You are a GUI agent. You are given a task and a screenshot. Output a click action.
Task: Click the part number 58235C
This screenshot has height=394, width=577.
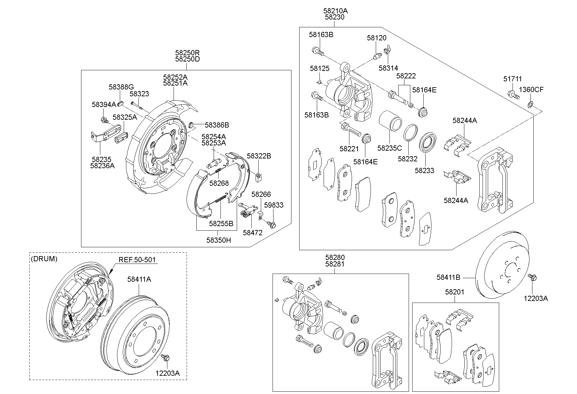pos(389,148)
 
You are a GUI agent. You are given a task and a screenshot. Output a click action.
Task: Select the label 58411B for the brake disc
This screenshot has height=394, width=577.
pos(448,278)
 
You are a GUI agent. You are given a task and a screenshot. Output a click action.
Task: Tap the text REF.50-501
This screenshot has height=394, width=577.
pos(137,260)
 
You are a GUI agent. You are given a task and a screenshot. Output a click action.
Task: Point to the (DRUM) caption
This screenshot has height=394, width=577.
pos(44,259)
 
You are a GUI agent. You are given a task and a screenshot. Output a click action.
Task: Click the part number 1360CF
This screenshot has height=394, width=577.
pos(531,89)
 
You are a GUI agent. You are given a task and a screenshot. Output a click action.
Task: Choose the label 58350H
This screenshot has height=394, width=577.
pos(218,240)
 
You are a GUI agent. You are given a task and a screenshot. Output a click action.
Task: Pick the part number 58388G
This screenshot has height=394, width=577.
pos(121,87)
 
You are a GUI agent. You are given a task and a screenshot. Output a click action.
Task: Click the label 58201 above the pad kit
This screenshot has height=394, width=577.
pos(455,292)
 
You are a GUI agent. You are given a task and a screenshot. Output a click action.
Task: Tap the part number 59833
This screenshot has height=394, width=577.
pos(274,205)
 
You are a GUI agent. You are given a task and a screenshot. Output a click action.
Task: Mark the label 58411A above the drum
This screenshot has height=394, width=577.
pos(139,279)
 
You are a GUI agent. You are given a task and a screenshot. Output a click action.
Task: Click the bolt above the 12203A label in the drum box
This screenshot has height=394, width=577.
pos(165,358)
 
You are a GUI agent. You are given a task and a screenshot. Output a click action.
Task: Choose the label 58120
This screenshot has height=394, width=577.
pos(376,38)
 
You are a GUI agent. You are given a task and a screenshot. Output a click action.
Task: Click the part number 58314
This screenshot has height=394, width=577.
pos(388,68)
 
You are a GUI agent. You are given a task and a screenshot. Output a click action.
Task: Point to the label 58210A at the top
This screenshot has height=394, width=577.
pos(335,11)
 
